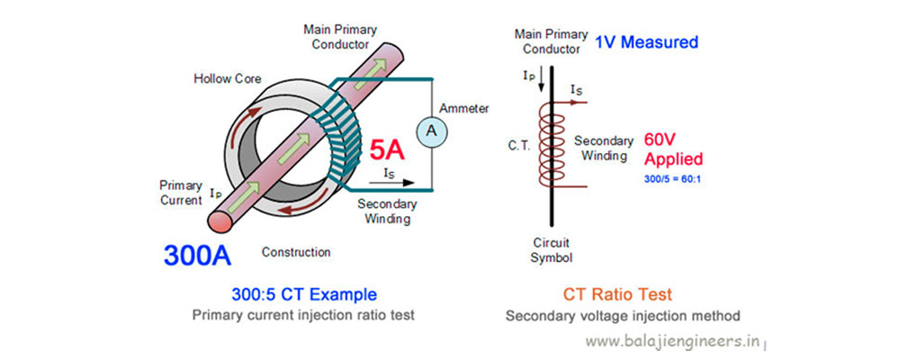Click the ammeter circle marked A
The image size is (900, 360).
point(431,131)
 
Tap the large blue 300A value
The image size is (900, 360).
point(197,255)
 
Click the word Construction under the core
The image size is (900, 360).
point(296,252)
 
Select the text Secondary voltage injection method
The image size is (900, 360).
point(622,316)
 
